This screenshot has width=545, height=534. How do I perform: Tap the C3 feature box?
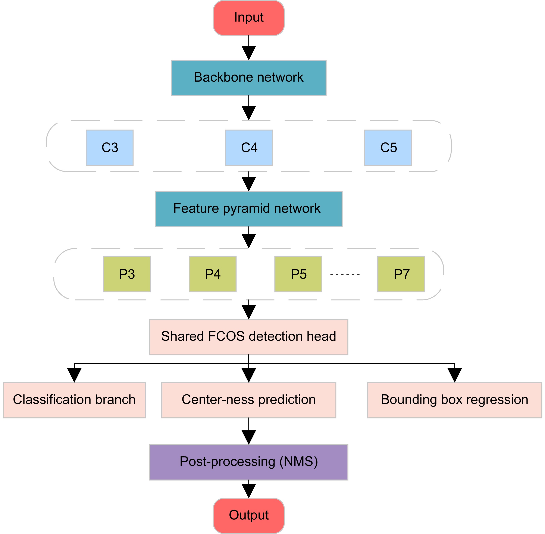109,148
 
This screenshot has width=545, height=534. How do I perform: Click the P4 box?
212,274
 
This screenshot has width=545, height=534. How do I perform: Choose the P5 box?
298,274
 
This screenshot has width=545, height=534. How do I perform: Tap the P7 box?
401,274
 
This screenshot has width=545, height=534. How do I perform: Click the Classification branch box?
74,400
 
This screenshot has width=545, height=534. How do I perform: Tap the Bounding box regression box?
454,400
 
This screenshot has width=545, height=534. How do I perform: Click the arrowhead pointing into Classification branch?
74,375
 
